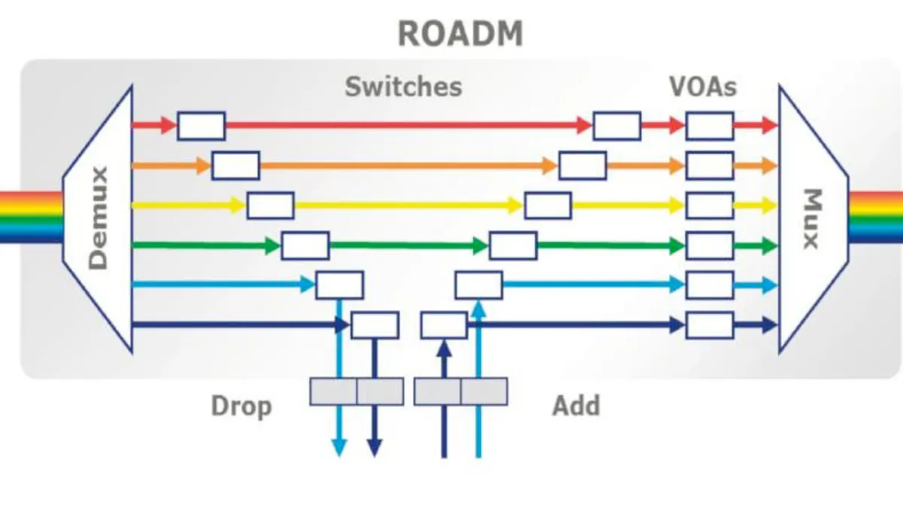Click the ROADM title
click(x=460, y=34)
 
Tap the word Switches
click(x=403, y=87)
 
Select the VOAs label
click(x=703, y=87)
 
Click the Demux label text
click(x=99, y=218)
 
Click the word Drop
click(x=241, y=406)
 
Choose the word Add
click(x=576, y=406)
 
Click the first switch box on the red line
click(x=201, y=126)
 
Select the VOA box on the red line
click(x=709, y=126)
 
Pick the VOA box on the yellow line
click(x=709, y=205)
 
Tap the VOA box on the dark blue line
click(x=709, y=325)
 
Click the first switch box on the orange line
click(x=236, y=166)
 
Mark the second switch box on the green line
click(x=513, y=245)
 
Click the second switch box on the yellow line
click(x=548, y=205)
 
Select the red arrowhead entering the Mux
click(x=768, y=126)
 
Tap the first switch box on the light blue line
click(x=339, y=285)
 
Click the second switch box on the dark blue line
click(x=444, y=325)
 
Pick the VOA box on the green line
click(x=709, y=245)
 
